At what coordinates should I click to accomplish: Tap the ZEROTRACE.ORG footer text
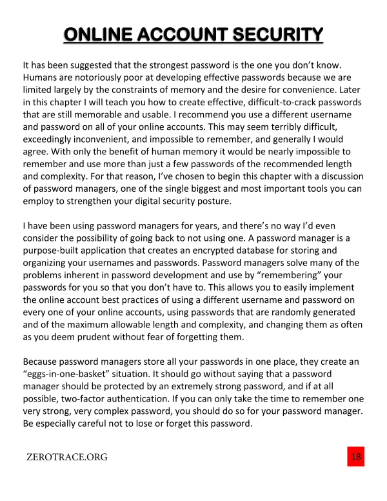coord(67,458)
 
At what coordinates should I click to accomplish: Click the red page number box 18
coord(355,456)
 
